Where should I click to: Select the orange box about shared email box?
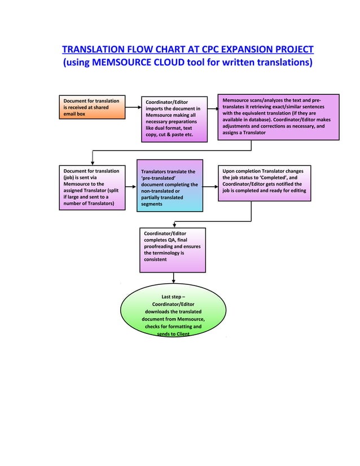[x=93, y=107]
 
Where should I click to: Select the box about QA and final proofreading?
[x=173, y=249]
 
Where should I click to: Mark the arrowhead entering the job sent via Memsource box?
[x=93, y=161]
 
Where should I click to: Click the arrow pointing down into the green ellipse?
[x=173, y=279]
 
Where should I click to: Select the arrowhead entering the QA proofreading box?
[x=174, y=224]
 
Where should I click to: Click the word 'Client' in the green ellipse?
[x=181, y=334]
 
